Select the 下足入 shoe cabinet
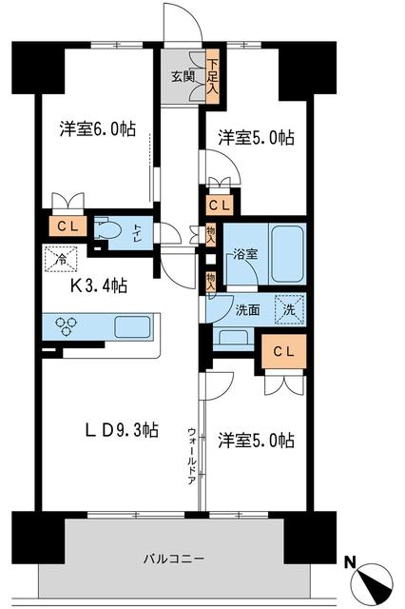point(212,74)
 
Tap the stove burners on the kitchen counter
point(68,326)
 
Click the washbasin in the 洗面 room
point(233,337)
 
